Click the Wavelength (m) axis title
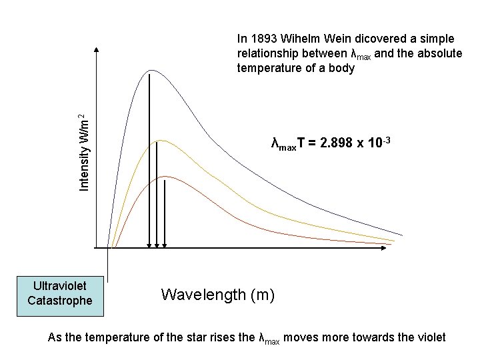tap(218, 294)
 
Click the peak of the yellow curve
tap(158, 141)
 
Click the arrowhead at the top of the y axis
tap(97, 49)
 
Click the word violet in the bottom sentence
tap(431, 338)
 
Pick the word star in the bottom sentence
tap(205, 338)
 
